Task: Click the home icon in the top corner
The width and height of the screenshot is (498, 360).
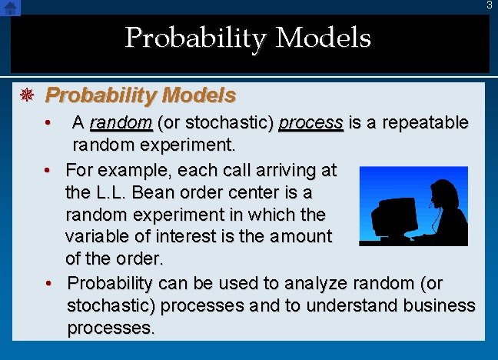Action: pos(10,8)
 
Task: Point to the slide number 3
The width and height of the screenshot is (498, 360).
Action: pos(489,5)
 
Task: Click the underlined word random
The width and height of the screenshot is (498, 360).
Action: pos(121,123)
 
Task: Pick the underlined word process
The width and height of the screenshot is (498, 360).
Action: pos(310,123)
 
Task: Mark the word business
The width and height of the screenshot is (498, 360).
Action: pos(438,305)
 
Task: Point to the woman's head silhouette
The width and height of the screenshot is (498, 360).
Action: pos(443,192)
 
